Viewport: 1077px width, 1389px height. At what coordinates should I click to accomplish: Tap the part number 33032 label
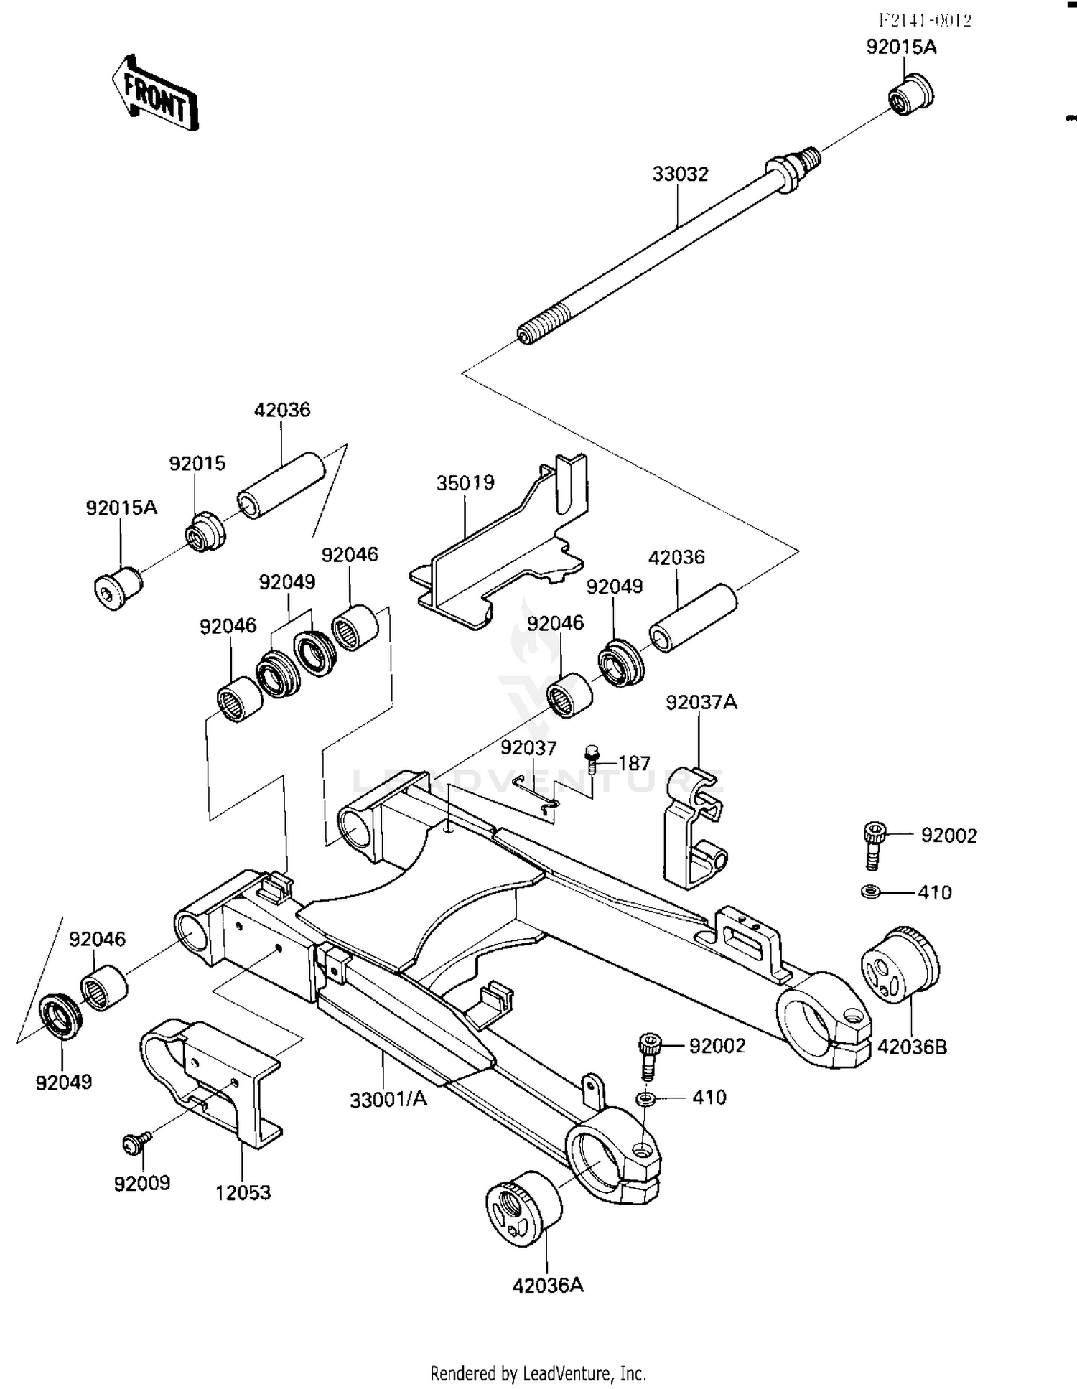(679, 174)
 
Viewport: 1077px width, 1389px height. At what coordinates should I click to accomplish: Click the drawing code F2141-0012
(924, 21)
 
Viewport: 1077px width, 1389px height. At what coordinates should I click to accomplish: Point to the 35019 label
(465, 483)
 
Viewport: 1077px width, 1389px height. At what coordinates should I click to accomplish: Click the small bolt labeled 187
(592, 759)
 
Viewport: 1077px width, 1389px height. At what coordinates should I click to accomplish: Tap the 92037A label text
(701, 703)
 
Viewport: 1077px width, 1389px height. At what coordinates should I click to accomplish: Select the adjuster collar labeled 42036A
(523, 1213)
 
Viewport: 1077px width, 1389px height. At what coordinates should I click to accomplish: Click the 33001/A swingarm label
(388, 1100)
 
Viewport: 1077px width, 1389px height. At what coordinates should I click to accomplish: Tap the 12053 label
(243, 1193)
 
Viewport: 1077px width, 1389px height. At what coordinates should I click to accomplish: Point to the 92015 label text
(197, 464)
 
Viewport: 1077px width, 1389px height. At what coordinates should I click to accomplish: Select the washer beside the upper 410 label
(870, 892)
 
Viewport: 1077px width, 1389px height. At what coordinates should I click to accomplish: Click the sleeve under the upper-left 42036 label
(281, 485)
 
